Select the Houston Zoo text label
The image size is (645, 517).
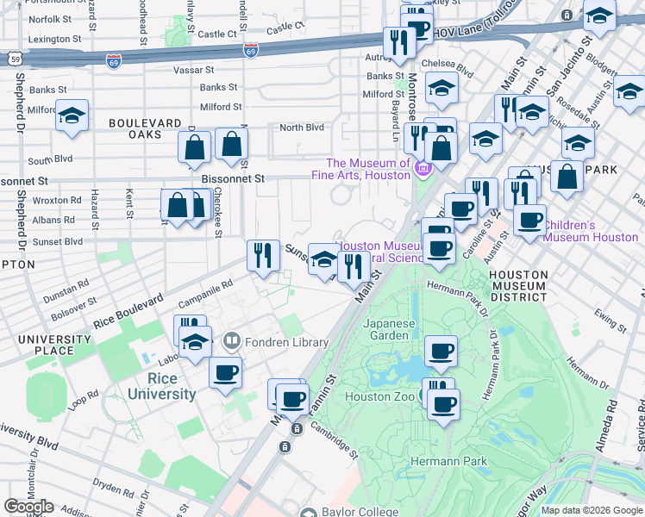379,397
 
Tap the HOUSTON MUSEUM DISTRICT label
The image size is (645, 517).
517,285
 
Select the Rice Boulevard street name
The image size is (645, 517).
128,312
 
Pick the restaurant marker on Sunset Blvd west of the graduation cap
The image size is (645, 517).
263,255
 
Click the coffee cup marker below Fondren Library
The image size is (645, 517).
226,372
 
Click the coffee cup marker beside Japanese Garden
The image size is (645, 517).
441,351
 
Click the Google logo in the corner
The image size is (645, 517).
28,506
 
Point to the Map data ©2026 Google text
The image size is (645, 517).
592,510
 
